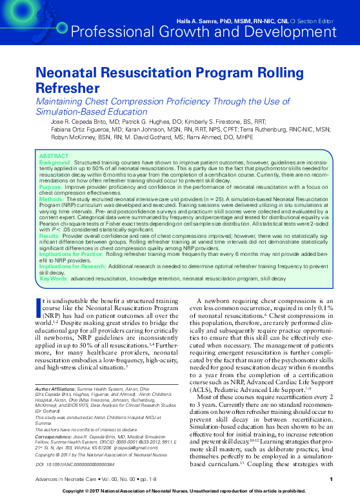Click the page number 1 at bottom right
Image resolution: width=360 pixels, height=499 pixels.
tap(330, 479)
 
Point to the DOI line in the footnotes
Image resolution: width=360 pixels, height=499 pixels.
tap(71, 464)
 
